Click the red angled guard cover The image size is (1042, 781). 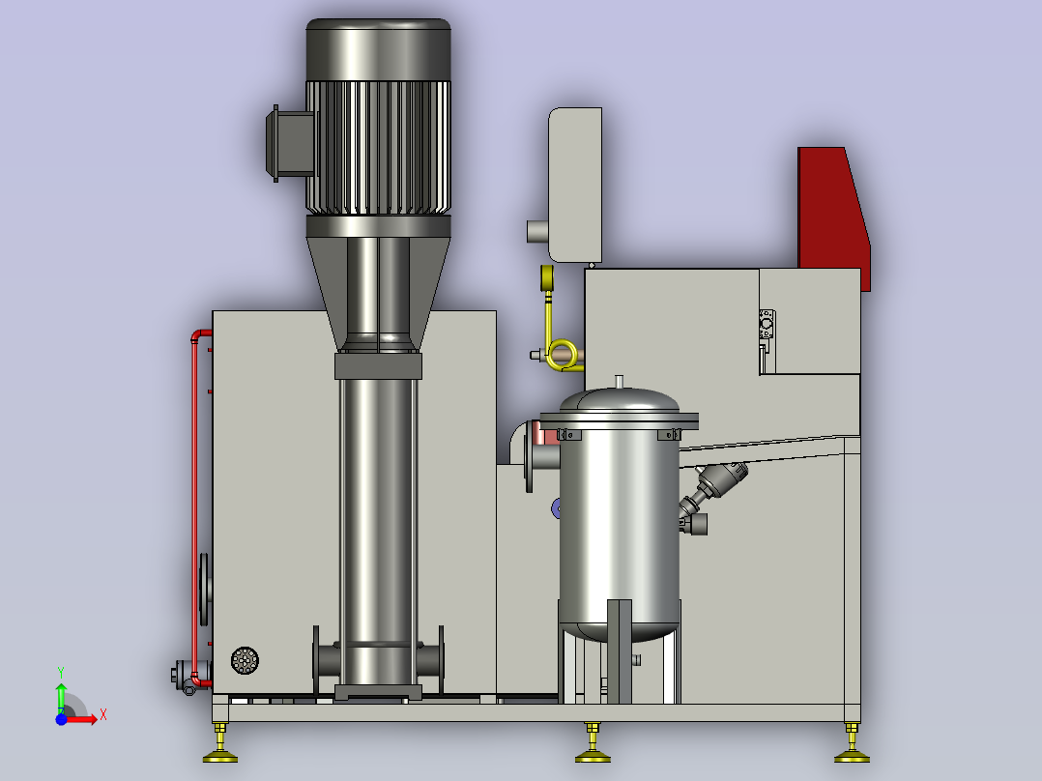tap(833, 213)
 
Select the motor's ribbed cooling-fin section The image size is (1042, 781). tap(378, 148)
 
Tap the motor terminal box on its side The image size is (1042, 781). tap(290, 144)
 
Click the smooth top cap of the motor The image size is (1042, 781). tap(378, 50)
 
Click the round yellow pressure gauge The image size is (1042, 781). tap(547, 277)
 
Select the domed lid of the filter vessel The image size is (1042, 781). tap(620, 400)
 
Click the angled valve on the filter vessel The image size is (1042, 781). tap(711, 493)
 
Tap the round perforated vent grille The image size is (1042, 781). tap(245, 660)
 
